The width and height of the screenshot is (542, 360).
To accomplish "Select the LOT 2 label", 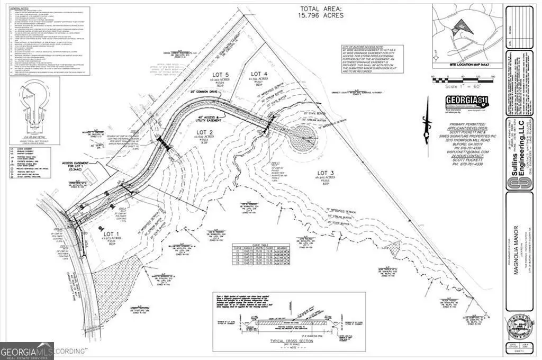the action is coord(204,132).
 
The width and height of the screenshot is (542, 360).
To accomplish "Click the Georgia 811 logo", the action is coord(466,102).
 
